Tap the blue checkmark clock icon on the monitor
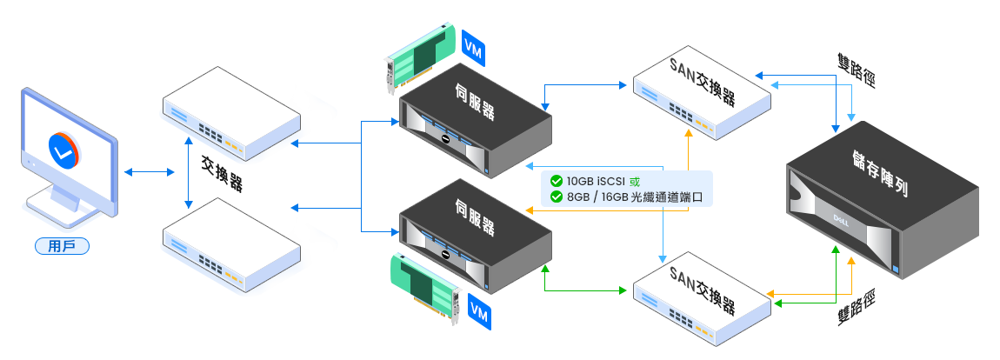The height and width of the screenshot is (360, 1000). point(61,149)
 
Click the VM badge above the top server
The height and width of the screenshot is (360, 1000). point(473,47)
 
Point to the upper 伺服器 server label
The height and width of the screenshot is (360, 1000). point(475,101)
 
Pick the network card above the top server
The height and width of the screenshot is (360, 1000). point(418,57)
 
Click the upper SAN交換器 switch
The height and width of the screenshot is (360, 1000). point(701,92)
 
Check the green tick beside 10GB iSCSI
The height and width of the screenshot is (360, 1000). point(556,182)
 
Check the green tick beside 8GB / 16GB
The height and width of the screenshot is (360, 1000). point(556,197)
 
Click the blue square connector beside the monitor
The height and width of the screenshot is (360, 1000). point(128,172)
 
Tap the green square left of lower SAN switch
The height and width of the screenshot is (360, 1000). point(623,289)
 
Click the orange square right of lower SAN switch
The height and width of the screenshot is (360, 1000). point(770,292)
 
